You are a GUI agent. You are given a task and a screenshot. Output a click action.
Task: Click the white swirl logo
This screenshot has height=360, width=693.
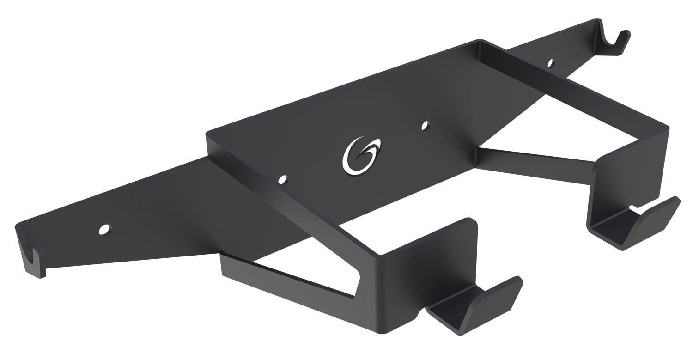click(361, 156)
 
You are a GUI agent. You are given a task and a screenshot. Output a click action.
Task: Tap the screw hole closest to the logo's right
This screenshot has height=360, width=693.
click(425, 125)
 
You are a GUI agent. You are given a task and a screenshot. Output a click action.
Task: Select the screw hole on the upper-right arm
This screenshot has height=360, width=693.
click(550, 63)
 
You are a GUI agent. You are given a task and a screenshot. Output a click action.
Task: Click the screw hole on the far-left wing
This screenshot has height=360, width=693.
click(105, 229)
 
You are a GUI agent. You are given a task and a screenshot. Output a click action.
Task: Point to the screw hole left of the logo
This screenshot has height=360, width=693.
click(283, 179)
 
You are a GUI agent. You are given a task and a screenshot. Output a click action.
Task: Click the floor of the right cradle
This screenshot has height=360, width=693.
click(610, 229)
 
